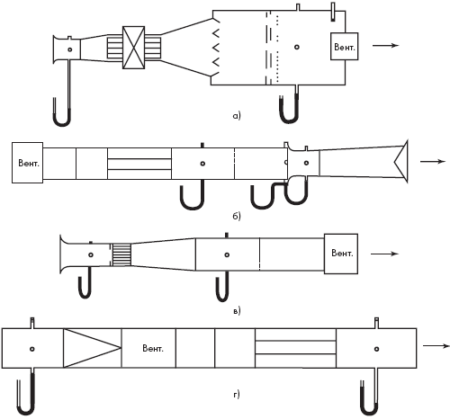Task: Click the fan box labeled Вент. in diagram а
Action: point(344,47)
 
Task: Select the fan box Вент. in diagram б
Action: point(27,163)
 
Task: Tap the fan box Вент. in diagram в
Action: point(341,254)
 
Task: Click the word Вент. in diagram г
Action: point(153,349)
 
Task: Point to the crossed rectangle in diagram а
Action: point(134,48)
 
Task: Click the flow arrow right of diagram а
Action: point(385,46)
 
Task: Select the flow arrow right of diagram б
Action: point(433,162)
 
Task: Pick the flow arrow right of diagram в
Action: point(384,254)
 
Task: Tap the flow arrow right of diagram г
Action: point(436,346)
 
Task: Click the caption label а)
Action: point(237,115)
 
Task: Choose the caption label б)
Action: point(237,216)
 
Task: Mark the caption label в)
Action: point(237,311)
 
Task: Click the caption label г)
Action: point(237,395)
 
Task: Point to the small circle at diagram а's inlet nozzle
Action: point(70,49)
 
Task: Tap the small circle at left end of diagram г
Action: point(32,349)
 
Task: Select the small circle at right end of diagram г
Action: point(376,349)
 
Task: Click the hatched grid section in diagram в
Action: point(121,254)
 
